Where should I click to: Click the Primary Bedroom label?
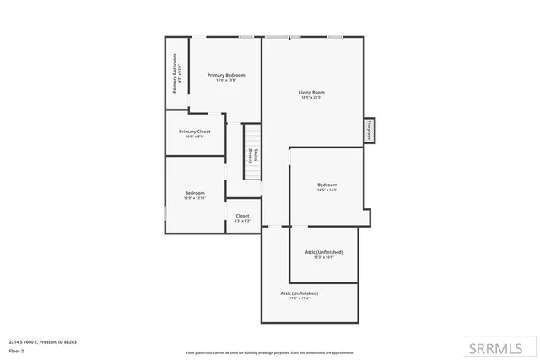(x=226, y=75)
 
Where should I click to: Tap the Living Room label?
(x=311, y=92)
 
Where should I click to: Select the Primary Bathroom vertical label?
(x=175, y=73)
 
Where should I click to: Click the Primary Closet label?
(x=195, y=132)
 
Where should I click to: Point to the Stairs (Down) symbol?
(x=253, y=154)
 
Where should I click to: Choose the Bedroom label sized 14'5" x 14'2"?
(x=327, y=185)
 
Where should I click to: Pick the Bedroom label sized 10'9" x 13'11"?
(x=195, y=193)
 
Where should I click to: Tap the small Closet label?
(x=242, y=216)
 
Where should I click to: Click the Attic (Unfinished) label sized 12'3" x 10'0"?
(x=324, y=252)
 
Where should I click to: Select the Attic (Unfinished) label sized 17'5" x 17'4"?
(x=300, y=293)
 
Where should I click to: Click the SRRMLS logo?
(x=503, y=347)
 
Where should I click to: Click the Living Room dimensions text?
(x=311, y=98)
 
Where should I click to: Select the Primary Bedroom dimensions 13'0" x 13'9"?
(x=226, y=81)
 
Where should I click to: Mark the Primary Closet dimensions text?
(x=195, y=137)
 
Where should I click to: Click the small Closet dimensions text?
(x=242, y=221)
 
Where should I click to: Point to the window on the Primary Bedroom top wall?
(x=247, y=36)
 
